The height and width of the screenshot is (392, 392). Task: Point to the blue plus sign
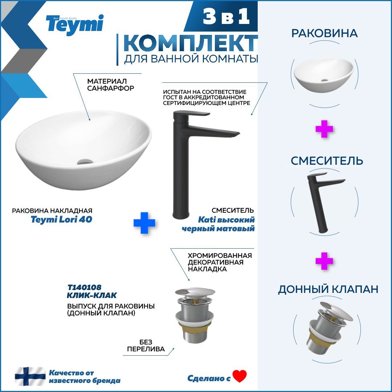[144, 223]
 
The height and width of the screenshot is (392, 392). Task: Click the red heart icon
[240, 376]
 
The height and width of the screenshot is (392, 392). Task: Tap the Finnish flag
[30, 376]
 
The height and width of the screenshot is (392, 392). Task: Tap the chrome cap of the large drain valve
[195, 292]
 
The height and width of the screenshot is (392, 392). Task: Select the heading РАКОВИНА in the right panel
[324, 33]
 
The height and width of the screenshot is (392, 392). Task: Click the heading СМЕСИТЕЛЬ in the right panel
[327, 161]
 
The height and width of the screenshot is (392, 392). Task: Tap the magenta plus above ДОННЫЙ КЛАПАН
[324, 261]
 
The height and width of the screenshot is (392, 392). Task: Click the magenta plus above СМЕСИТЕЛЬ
[324, 129]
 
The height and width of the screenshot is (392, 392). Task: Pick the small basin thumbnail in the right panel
[324, 75]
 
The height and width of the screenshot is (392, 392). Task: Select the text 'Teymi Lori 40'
[61, 219]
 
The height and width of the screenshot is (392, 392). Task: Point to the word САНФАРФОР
[110, 88]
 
